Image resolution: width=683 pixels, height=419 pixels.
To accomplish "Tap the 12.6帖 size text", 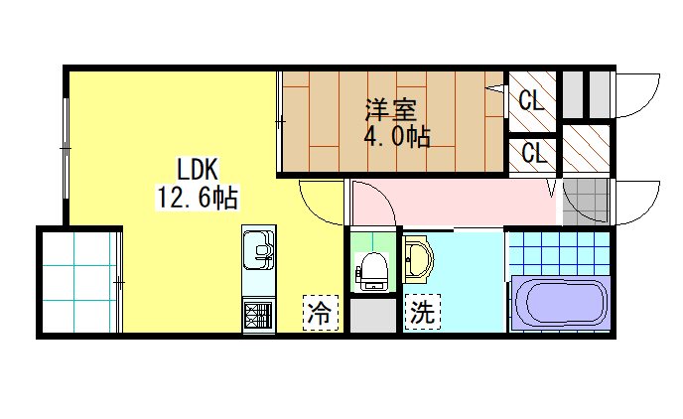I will [197, 198].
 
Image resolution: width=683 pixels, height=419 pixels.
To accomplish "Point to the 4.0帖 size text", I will [396, 137].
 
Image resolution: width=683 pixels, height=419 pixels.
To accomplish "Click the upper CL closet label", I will [531, 100].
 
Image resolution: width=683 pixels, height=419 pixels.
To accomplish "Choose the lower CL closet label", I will [533, 154].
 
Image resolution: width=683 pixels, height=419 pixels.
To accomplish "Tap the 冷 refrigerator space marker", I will [321, 314].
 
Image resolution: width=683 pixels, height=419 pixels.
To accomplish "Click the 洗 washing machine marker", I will [422, 314].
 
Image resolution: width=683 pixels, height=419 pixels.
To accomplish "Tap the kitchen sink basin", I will [258, 247].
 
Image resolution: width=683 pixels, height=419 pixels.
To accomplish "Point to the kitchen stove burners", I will [258, 316].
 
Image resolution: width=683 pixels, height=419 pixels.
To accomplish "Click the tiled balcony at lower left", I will [79, 284].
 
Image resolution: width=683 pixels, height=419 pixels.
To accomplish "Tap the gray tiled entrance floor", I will [585, 202].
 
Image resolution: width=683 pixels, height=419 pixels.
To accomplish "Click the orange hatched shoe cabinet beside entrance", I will [585, 148].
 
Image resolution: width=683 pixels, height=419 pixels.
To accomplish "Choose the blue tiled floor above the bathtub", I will [557, 254].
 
